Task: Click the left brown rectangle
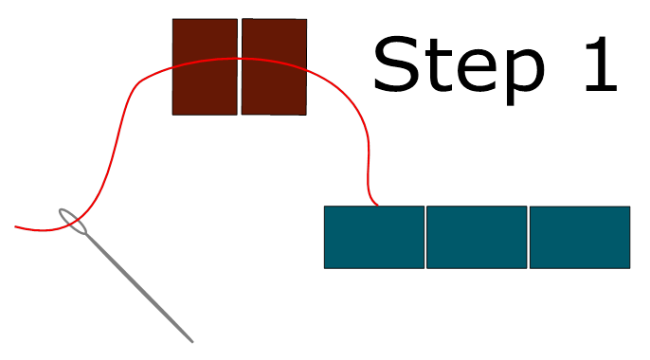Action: click(x=205, y=66)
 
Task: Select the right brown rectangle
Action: click(x=274, y=66)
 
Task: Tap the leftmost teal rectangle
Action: click(x=374, y=237)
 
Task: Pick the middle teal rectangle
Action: click(x=477, y=237)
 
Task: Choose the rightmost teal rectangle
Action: click(x=580, y=237)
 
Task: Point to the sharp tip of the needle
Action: click(x=192, y=342)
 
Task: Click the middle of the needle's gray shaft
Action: click(x=139, y=288)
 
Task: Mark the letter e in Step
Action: click(x=476, y=71)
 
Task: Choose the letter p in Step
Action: click(x=525, y=78)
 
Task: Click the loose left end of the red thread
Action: click(x=15, y=226)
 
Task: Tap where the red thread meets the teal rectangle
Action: click(x=377, y=205)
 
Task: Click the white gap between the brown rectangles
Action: click(x=240, y=66)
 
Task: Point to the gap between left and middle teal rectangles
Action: click(x=425, y=237)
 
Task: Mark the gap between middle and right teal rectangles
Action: click(x=529, y=237)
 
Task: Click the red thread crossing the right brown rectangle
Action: click(x=274, y=62)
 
